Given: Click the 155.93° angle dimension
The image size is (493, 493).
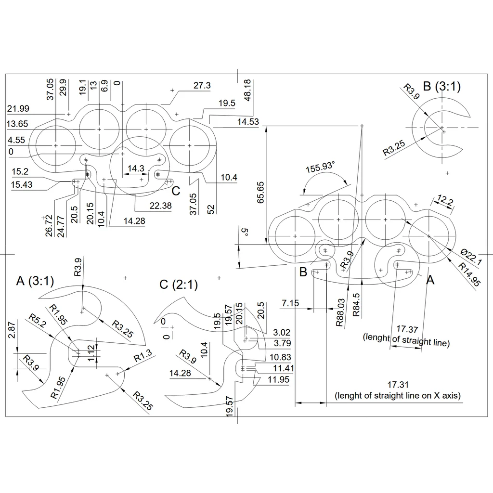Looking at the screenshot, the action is tap(320, 167).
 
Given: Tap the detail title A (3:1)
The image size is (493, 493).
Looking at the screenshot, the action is tap(35, 281).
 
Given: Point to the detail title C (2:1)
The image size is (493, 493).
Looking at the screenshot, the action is tap(179, 285).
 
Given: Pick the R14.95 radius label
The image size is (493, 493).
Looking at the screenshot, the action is tap(469, 274).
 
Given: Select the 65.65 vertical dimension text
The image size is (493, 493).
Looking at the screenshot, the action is tap(260, 193).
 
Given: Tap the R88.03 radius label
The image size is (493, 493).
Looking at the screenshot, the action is tap(340, 312).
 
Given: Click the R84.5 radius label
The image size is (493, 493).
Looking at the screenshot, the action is tap(356, 305).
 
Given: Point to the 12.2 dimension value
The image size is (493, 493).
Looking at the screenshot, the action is tap(445, 200).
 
